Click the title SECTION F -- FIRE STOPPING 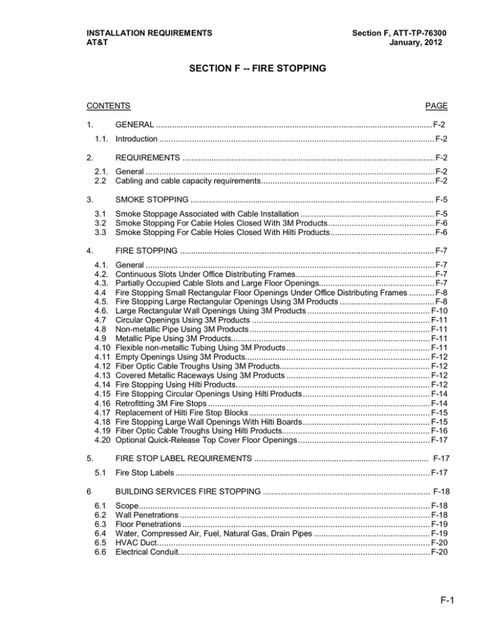pos(245,69)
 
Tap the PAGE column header pos(435,105)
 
